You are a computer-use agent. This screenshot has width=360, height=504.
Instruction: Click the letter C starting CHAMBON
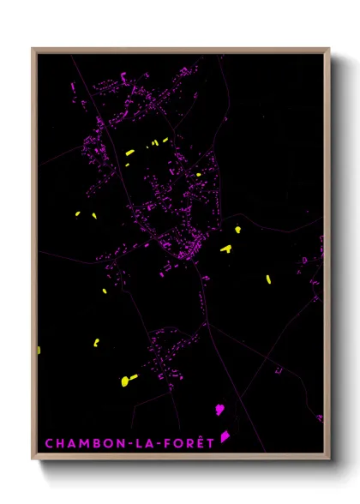pos(48,443)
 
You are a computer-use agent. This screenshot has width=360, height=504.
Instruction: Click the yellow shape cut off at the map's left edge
pos(39,350)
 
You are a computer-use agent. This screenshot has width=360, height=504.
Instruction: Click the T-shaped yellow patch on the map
pos(226,249)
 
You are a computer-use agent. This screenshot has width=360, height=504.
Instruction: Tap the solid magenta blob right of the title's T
pos(225,436)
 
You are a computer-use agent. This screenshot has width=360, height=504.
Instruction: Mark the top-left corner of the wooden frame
pos(33,49)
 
